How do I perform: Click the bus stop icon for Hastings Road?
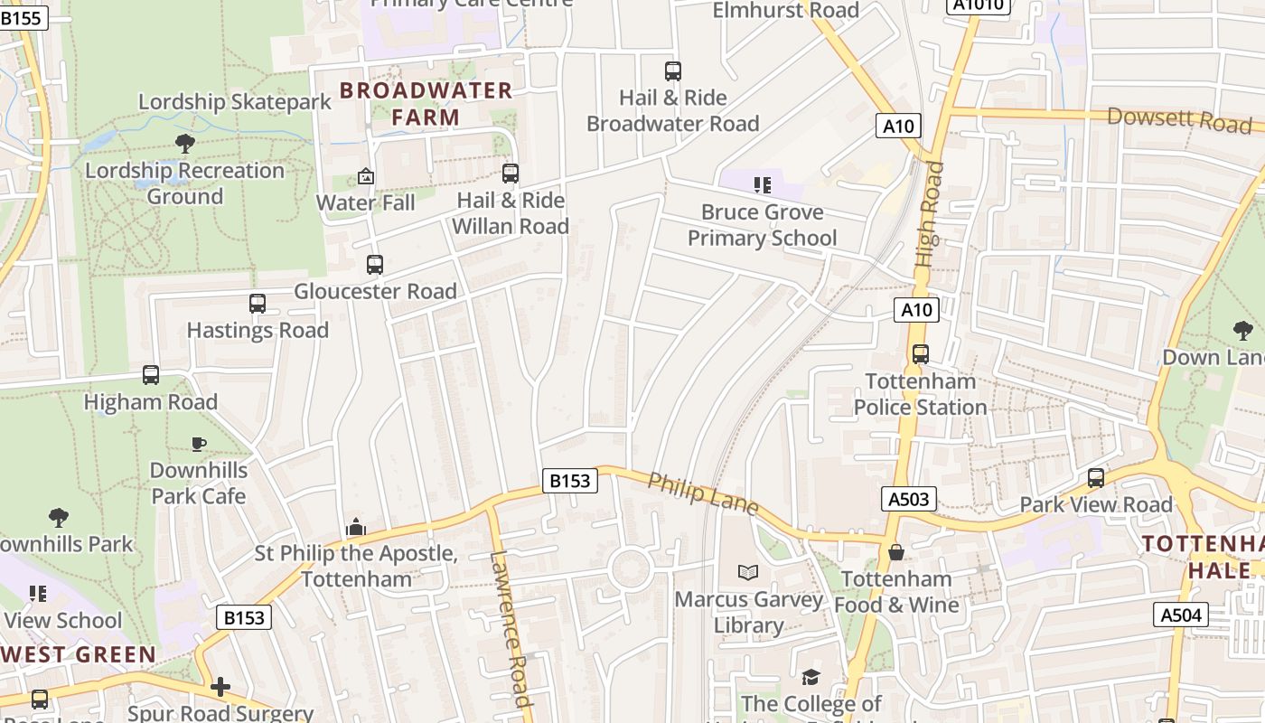[x=258, y=304]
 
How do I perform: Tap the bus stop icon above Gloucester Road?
[x=375, y=265]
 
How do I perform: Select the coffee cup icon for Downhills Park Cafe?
[x=199, y=444]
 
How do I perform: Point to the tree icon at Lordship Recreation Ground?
[x=185, y=143]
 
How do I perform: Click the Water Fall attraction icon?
[x=366, y=176]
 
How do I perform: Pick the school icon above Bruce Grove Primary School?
[x=763, y=185]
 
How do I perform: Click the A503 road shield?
[x=909, y=499]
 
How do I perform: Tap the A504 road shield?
[x=1181, y=615]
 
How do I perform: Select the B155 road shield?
[x=23, y=18]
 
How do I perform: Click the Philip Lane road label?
[x=703, y=493]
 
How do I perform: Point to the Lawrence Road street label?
[x=511, y=628]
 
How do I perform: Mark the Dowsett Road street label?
[x=1179, y=119]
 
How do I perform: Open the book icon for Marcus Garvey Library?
[x=748, y=572]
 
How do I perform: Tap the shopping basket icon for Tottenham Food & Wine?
[x=896, y=552]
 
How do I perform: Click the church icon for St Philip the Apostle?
[x=356, y=527]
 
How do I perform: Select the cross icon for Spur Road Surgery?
[x=220, y=687]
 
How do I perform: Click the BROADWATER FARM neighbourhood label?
[x=426, y=103]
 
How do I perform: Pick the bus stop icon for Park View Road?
[x=1096, y=478]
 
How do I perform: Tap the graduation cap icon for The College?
[x=811, y=677]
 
